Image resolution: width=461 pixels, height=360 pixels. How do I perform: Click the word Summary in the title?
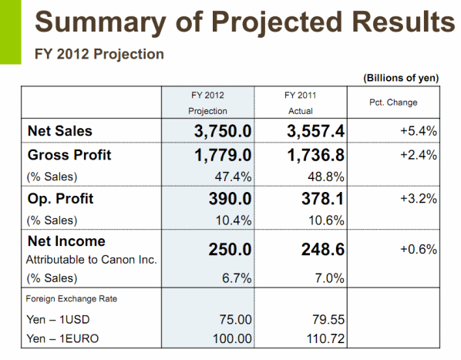100,23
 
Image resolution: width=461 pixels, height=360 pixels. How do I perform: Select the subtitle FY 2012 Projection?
99,54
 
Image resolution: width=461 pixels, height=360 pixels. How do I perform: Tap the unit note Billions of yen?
401,78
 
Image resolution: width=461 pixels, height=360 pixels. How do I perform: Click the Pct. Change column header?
393,103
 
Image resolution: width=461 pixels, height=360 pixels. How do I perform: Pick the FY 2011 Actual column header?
300,103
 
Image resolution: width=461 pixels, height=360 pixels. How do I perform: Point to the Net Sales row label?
59,131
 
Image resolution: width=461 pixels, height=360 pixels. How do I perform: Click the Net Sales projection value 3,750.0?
223,131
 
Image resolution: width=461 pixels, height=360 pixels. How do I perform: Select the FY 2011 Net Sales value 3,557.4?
315,131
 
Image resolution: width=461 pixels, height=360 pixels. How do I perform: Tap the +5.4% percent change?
419,131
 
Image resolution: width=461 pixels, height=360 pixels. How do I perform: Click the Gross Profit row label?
69,155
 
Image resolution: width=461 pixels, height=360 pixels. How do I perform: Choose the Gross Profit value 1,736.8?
315,155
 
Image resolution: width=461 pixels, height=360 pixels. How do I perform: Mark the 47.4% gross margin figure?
233,177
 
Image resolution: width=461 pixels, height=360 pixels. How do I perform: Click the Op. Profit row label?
60,199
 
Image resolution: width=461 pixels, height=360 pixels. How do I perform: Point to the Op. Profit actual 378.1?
322,199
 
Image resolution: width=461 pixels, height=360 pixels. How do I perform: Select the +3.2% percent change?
419,199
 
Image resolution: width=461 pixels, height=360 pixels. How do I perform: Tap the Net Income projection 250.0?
230,250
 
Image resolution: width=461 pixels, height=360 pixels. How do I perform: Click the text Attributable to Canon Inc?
92,260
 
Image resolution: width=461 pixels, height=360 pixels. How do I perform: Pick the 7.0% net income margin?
329,278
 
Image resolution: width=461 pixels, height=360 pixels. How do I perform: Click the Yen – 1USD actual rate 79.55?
328,319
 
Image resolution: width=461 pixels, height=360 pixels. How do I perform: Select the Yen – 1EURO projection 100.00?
232,338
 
